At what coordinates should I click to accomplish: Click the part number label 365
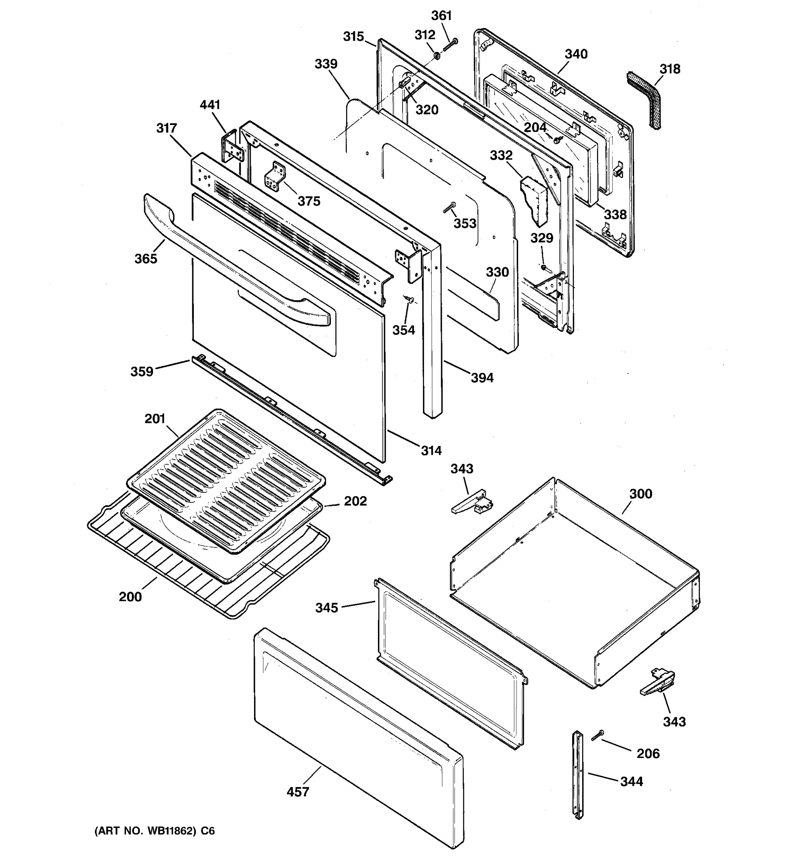point(146,259)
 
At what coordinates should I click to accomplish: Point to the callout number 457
point(298,792)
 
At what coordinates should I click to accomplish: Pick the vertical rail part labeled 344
point(577,776)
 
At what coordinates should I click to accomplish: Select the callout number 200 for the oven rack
point(130,597)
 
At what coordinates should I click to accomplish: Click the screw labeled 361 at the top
point(450,44)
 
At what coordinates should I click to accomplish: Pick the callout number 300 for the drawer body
point(641,493)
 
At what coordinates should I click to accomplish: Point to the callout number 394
point(482,378)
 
